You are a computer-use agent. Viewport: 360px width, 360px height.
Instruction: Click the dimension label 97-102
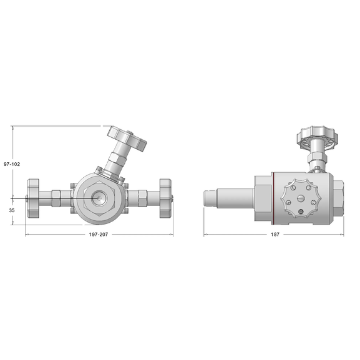tap(12, 164)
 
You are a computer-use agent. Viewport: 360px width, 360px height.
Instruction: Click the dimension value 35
tap(12, 211)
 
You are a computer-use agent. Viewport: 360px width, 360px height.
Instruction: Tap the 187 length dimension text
tap(275, 235)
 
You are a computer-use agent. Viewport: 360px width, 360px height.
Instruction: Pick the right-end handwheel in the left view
tap(165, 198)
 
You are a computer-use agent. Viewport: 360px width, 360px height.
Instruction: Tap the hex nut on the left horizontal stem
tap(57, 199)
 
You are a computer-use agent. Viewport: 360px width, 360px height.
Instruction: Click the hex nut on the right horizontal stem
tap(141, 199)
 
